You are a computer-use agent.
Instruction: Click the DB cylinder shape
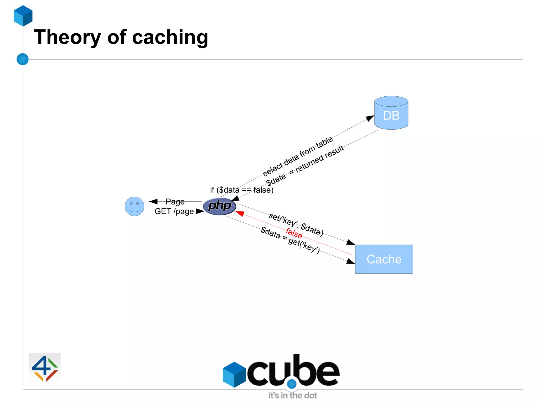[391, 113]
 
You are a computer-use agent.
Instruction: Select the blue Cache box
[384, 259]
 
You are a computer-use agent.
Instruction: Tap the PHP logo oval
[220, 206]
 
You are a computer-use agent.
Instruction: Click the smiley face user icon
[134, 206]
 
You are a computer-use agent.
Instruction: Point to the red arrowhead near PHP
[240, 213]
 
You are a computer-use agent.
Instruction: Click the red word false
[294, 233]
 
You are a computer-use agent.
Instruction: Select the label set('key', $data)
[296, 224]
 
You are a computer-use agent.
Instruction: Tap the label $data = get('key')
[290, 240]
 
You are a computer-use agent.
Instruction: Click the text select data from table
[298, 156]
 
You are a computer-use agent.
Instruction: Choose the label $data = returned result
[305, 165]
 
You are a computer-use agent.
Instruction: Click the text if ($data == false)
[242, 190]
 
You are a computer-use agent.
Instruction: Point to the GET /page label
[174, 211]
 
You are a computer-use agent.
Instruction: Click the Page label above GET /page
[175, 202]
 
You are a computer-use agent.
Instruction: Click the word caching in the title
[170, 37]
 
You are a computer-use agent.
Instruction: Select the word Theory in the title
[67, 37]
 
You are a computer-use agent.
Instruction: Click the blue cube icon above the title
[23, 16]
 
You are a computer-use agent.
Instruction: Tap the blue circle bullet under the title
[23, 59]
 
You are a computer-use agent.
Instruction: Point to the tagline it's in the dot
[293, 395]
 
